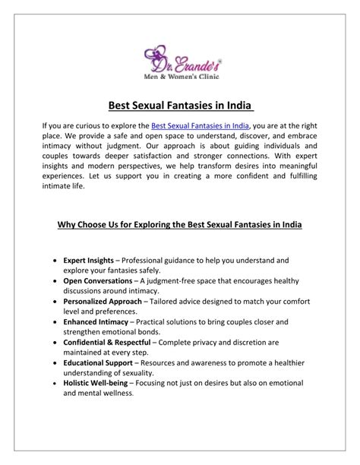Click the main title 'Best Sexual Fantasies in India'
(x=179, y=106)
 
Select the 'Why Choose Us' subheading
(x=179, y=226)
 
